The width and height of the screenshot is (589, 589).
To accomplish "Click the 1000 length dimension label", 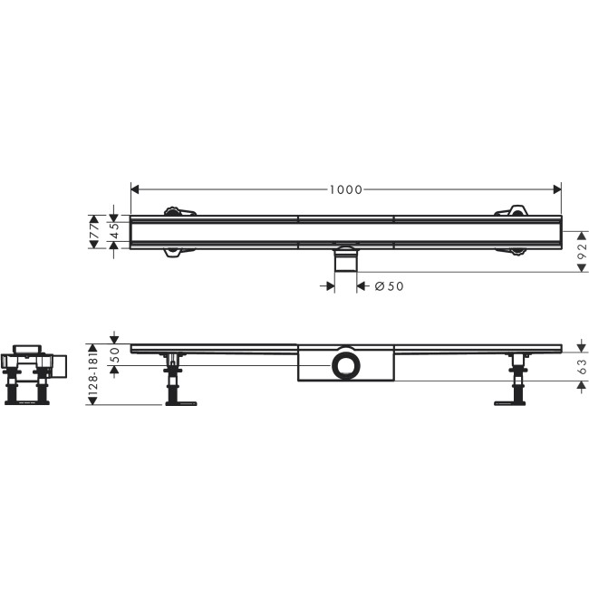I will [x=345, y=189].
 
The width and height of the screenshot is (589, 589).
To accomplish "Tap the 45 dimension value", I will [x=115, y=235].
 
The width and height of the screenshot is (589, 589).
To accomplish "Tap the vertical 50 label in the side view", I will [x=115, y=355].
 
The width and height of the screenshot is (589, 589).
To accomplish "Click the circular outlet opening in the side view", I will [x=345, y=366].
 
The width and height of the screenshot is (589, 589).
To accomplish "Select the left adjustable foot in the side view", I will [x=172, y=385].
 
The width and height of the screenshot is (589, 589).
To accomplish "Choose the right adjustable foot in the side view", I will [x=517, y=385].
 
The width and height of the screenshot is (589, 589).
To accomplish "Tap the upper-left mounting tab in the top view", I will [x=179, y=212].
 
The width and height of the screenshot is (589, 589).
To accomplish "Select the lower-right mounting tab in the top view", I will [x=511, y=254].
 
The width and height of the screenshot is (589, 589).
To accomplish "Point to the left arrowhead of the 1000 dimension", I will [x=136, y=189].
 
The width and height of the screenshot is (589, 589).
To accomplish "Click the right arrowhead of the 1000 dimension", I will [x=557, y=189].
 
